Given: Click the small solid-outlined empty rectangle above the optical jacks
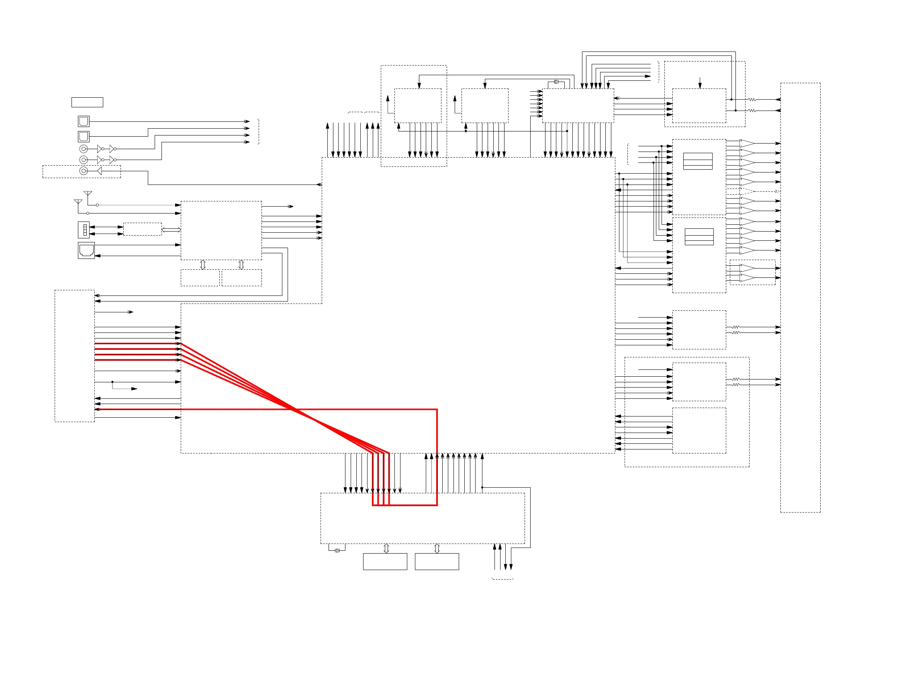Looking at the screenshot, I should click(87, 102).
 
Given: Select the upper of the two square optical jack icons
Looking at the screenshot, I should click(84, 121).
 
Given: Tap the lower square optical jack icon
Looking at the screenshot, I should click(84, 136).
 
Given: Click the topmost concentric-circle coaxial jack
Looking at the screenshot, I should click(84, 149).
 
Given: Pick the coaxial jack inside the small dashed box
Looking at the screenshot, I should click(84, 170).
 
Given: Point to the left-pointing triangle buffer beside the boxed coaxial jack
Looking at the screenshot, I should click(99, 170).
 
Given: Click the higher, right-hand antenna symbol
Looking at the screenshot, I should click(88, 194).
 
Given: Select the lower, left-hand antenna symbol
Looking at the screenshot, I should click(78, 202).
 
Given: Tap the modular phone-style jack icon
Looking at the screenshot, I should click(86, 250).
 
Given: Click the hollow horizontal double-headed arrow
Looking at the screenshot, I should click(171, 230).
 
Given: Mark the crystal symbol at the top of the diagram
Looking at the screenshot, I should click(556, 82).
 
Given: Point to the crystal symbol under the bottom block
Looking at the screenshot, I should click(337, 550).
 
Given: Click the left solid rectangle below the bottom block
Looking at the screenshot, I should click(385, 562).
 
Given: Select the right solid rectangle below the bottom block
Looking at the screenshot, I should click(437, 562).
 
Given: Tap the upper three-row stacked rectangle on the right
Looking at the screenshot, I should click(698, 161).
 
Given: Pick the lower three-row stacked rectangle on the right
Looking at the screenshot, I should click(699, 236).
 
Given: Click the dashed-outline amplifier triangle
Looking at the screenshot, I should click(747, 191).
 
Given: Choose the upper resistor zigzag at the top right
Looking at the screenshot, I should click(752, 100).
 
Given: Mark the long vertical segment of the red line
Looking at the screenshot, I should click(437, 457).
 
